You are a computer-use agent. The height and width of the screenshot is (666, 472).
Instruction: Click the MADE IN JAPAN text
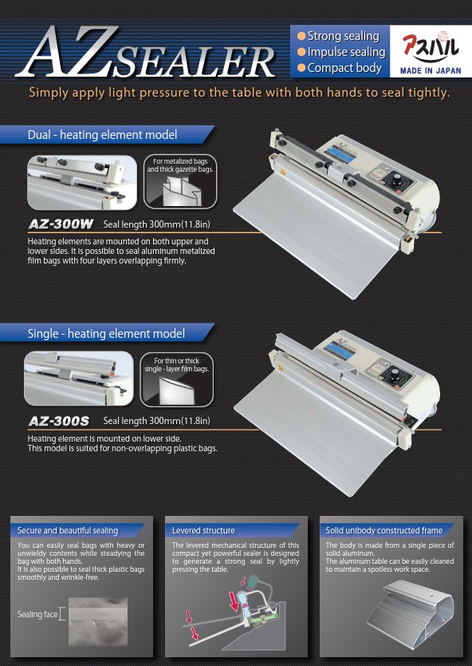point(431,71)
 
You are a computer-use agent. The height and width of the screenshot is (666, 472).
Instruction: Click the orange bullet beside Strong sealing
point(301,36)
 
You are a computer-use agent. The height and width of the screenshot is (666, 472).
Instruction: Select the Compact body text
point(344,68)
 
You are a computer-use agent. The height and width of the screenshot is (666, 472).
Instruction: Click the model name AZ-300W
point(61,224)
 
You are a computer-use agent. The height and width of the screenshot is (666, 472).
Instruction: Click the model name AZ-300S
point(59,421)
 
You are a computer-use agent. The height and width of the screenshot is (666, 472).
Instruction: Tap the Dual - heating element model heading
point(102,135)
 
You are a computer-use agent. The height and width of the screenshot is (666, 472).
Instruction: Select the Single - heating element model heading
point(106,334)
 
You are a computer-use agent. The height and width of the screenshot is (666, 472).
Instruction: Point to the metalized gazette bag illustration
point(180,190)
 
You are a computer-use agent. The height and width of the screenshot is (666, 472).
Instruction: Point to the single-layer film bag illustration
point(177,390)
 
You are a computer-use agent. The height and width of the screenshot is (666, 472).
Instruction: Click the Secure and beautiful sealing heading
point(68,530)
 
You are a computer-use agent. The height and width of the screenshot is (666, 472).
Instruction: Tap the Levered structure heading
point(203,530)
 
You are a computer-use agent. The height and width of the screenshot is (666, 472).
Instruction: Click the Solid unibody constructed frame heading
point(383,530)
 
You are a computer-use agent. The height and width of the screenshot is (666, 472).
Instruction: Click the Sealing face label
point(37,614)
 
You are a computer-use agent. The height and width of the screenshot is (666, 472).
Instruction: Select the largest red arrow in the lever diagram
point(234,601)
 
